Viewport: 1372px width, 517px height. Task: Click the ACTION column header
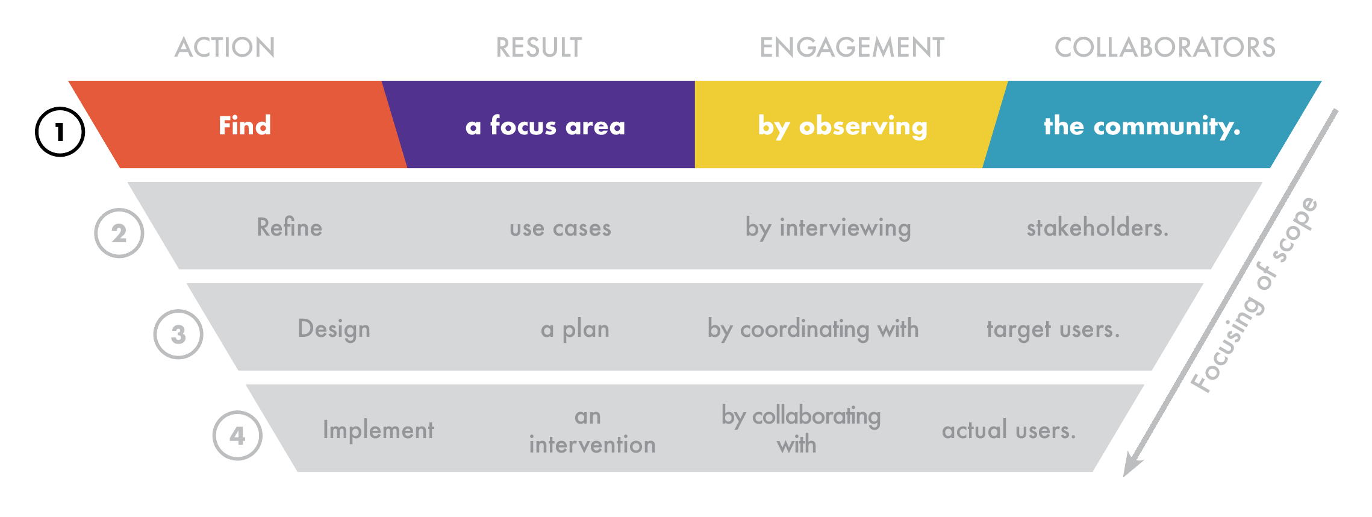[x=225, y=48]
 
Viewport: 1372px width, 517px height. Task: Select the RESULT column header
[x=538, y=48]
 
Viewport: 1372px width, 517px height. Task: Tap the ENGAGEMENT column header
[x=852, y=48]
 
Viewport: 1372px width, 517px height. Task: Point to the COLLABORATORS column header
[x=1165, y=48]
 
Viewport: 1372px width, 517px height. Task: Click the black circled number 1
[x=60, y=132]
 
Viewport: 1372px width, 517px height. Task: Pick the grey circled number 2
[x=119, y=233]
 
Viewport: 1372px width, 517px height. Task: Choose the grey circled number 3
[x=178, y=334]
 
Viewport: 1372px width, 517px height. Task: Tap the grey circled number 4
[x=237, y=436]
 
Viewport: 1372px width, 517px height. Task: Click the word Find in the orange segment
[x=245, y=126]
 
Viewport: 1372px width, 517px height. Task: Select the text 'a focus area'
[x=545, y=126]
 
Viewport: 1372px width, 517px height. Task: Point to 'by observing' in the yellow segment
[x=842, y=126]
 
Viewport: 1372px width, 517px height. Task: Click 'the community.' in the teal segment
[x=1142, y=126]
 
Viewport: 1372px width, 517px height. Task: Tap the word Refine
[x=289, y=228]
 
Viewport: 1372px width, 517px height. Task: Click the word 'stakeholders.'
[x=1097, y=228]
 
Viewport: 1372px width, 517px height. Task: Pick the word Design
[x=334, y=329]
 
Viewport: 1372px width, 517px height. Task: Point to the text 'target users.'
[x=1053, y=329]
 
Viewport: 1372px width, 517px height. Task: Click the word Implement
[x=378, y=430]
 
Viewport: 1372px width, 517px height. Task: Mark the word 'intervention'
[x=592, y=445]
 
